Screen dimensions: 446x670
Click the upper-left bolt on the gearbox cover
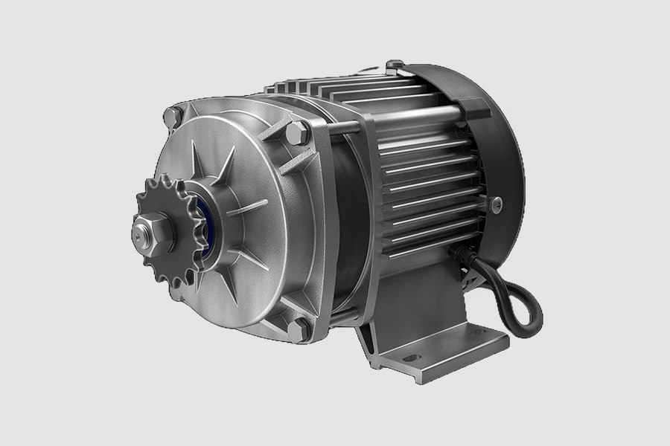tap(173, 116)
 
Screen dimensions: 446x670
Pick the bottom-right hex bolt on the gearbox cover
tap(299, 328)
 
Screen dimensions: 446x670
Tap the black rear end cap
tap(491, 149)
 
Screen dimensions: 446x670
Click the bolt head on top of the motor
tap(395, 65)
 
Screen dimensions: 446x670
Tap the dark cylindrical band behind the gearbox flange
tap(350, 223)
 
